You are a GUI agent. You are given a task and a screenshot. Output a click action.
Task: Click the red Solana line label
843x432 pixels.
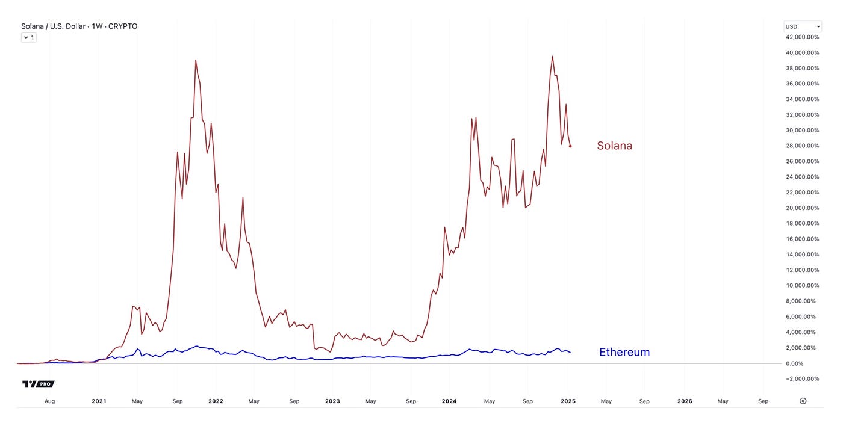pyautogui.click(x=614, y=146)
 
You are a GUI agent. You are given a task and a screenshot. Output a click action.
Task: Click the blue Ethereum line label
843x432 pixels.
pyautogui.click(x=624, y=353)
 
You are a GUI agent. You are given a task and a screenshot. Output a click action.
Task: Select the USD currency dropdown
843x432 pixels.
pyautogui.click(x=803, y=26)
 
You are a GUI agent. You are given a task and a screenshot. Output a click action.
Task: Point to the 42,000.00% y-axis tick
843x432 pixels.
pyautogui.click(x=803, y=37)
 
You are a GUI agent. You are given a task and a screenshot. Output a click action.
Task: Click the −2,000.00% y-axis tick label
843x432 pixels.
pyautogui.click(x=803, y=378)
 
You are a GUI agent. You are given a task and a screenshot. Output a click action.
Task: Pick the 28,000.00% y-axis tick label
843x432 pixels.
pyautogui.click(x=803, y=146)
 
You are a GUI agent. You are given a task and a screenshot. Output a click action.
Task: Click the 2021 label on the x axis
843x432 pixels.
pyautogui.click(x=99, y=401)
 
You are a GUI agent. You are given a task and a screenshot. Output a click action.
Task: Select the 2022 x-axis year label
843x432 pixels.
pyautogui.click(x=216, y=401)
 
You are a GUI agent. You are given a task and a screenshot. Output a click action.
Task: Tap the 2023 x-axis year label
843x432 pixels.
pyautogui.click(x=332, y=401)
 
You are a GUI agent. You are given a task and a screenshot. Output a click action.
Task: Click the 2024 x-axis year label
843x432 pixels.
pyautogui.click(x=449, y=401)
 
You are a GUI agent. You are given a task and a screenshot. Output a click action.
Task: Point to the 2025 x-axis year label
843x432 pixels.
pyautogui.click(x=568, y=401)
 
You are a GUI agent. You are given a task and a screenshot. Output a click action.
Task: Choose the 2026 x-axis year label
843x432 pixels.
pyautogui.click(x=685, y=401)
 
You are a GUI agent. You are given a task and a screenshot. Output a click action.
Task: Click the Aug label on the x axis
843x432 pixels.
pyautogui.click(x=49, y=401)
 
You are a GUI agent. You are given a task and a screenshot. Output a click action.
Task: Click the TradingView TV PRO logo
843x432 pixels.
pyautogui.click(x=38, y=384)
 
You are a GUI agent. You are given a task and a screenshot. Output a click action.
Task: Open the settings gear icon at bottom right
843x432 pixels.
pyautogui.click(x=803, y=401)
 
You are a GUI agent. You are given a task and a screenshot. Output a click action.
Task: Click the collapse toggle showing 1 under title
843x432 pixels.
pyautogui.click(x=28, y=37)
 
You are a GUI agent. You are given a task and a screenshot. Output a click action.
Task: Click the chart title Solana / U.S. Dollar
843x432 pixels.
pyautogui.click(x=79, y=26)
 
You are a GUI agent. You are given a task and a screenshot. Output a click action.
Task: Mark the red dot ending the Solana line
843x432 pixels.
pyautogui.click(x=570, y=146)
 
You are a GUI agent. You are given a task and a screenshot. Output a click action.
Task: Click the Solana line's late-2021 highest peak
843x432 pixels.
pyautogui.click(x=196, y=60)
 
